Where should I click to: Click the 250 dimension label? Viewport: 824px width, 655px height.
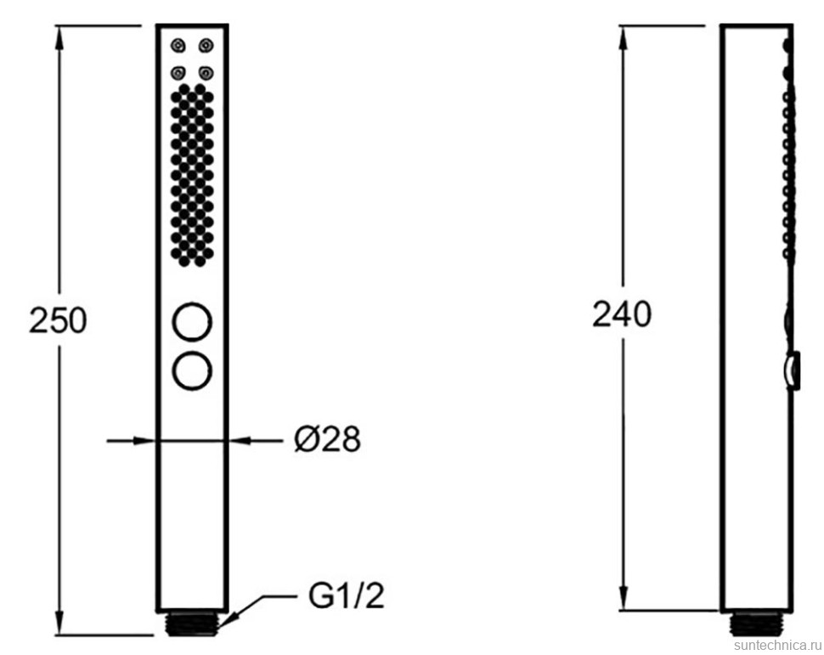pyautogui.click(x=58, y=320)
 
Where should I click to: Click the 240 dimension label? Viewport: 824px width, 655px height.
pyautogui.click(x=622, y=314)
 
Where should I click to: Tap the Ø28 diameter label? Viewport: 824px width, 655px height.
pyautogui.click(x=327, y=439)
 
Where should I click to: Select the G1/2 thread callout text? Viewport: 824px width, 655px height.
pyautogui.click(x=347, y=596)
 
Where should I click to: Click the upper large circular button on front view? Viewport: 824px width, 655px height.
pyautogui.click(x=192, y=322)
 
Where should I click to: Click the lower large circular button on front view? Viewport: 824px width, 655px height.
pyautogui.click(x=192, y=371)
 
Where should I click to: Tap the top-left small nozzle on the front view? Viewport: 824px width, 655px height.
pyautogui.click(x=178, y=46)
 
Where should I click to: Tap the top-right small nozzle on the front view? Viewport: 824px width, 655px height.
pyautogui.click(x=206, y=46)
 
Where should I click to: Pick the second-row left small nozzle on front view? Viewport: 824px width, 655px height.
pyautogui.click(x=178, y=72)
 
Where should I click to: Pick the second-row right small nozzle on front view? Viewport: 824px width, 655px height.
pyautogui.click(x=206, y=72)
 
